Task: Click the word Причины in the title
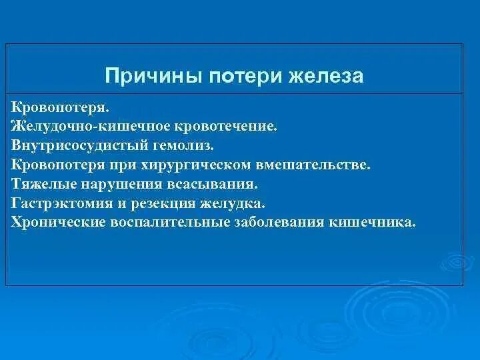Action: [154, 76]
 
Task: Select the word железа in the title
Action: [326, 76]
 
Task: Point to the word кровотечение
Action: [226, 127]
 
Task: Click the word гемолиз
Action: [183, 146]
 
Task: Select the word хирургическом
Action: [195, 165]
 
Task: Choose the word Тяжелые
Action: [44, 184]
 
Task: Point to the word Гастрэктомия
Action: [62, 203]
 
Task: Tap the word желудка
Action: [233, 203]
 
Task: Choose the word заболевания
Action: [279, 223]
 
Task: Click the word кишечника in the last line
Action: [372, 223]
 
